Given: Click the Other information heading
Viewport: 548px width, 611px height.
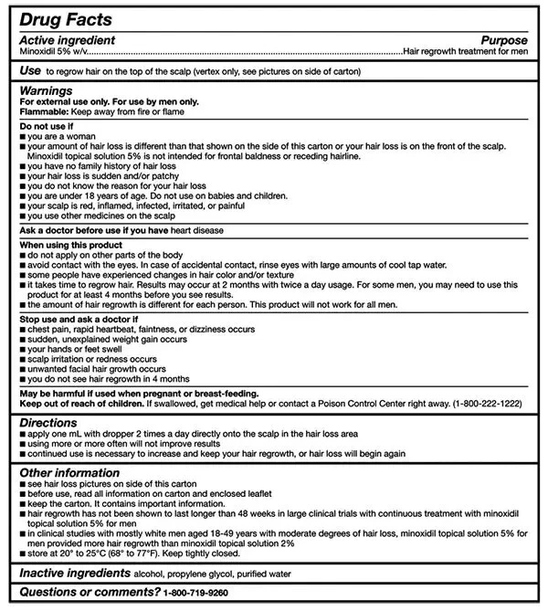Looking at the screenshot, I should (x=69, y=472).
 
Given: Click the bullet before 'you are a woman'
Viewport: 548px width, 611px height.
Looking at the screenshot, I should (x=23, y=135).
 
